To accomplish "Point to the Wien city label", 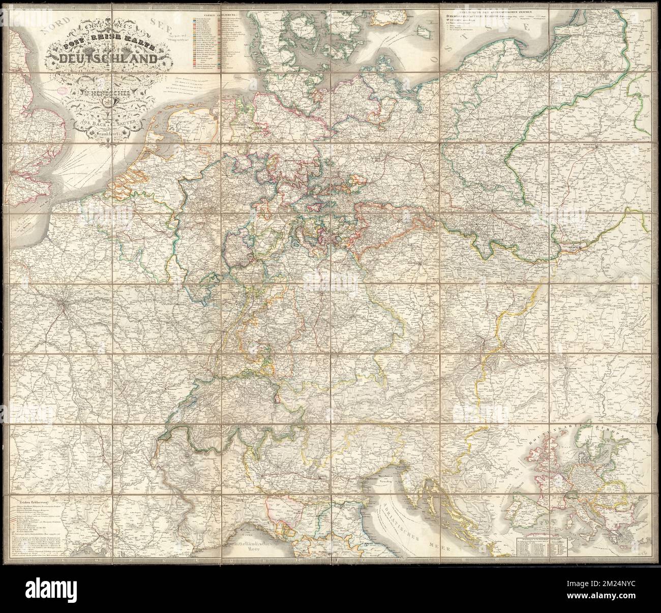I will [480, 342].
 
